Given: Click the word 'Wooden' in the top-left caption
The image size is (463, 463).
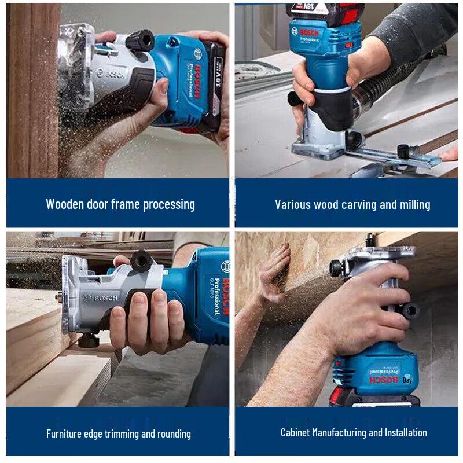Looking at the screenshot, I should (x=65, y=204).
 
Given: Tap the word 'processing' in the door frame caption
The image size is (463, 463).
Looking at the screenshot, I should (x=167, y=204).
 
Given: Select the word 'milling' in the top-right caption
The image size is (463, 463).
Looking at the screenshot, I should (x=414, y=204).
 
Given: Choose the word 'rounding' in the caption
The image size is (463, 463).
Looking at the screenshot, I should (x=172, y=433).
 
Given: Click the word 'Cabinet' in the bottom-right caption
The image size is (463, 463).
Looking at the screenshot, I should (x=295, y=432).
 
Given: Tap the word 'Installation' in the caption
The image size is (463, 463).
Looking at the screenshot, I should (x=405, y=432).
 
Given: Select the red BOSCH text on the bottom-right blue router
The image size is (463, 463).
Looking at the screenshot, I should (x=387, y=380).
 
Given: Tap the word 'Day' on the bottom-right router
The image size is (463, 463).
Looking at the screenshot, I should (x=407, y=380).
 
